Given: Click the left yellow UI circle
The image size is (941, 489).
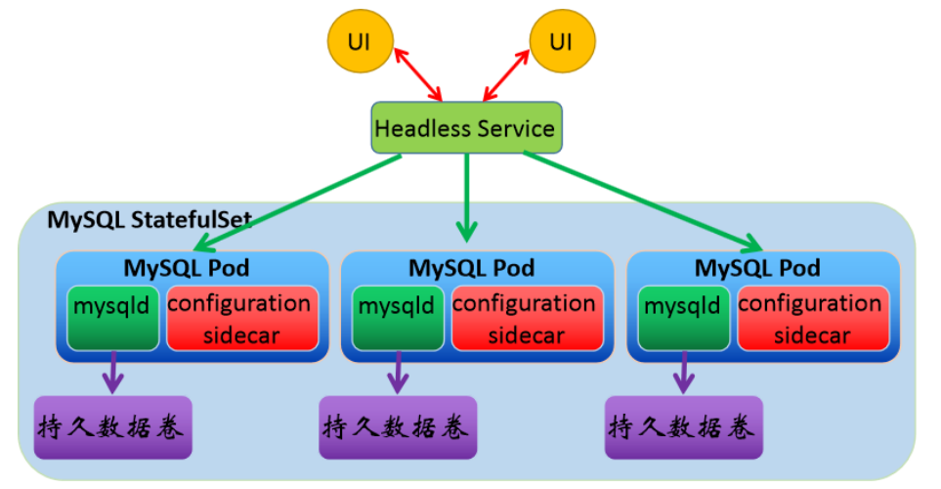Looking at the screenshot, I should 361,43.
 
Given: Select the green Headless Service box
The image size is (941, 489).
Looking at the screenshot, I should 466,128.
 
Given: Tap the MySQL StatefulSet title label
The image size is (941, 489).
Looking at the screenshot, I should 150,219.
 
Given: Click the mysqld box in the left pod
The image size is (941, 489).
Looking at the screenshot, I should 112,318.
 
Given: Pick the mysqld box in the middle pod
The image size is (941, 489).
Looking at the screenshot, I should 396,318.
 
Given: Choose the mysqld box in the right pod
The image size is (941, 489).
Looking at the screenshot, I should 682,318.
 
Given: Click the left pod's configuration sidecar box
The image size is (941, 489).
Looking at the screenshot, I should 239,318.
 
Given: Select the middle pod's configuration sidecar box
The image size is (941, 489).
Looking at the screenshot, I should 525,318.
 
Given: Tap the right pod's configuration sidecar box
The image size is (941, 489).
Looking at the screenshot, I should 810,318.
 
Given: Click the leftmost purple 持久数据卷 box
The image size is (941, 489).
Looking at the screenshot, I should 112,427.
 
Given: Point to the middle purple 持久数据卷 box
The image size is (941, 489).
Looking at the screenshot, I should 397,427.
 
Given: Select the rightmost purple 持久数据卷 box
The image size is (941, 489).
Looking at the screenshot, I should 683,427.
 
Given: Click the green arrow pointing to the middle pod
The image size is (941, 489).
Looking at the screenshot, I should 467,196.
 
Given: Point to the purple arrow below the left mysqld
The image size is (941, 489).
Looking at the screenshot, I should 113,372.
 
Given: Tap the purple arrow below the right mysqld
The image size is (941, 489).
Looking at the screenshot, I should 683,372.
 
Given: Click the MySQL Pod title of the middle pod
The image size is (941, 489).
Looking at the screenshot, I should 472,267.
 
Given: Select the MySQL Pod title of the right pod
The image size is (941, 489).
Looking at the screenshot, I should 757,267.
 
